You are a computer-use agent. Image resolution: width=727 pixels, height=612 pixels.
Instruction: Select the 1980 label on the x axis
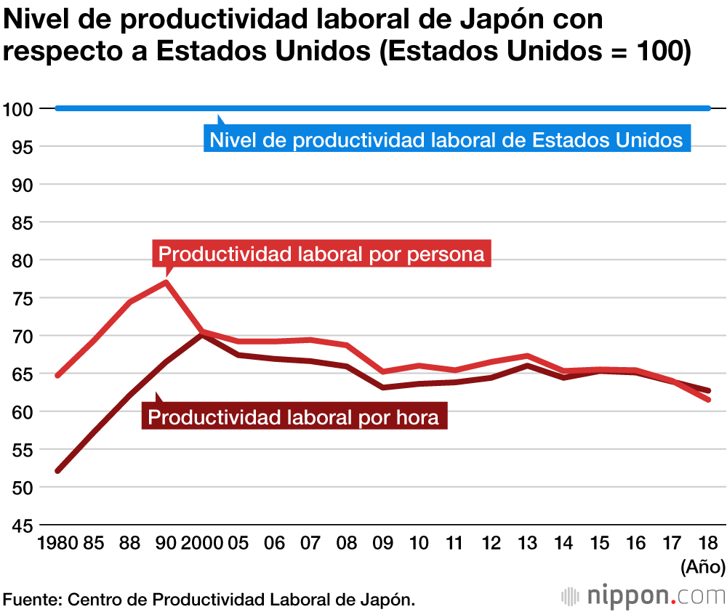[x=57, y=543]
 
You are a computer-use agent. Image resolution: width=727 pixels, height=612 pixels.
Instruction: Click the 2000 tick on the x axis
[x=202, y=543]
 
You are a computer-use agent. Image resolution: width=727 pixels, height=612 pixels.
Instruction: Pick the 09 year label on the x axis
[x=382, y=543]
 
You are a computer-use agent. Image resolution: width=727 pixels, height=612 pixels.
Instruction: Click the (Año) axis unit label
[x=701, y=565]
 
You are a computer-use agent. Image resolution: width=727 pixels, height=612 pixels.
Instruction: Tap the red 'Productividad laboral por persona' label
[x=321, y=254]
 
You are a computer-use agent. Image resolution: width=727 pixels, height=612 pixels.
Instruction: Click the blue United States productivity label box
[x=446, y=140]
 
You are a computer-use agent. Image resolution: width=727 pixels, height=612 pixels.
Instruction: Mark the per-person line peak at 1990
[x=166, y=281]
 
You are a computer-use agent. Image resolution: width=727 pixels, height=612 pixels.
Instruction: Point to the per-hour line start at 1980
[x=57, y=471]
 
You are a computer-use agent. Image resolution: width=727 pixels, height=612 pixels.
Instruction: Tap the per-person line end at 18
[x=708, y=400]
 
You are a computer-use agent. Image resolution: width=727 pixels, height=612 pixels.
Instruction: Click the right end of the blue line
[x=708, y=109]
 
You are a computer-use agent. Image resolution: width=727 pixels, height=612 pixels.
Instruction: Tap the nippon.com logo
[x=643, y=596]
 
